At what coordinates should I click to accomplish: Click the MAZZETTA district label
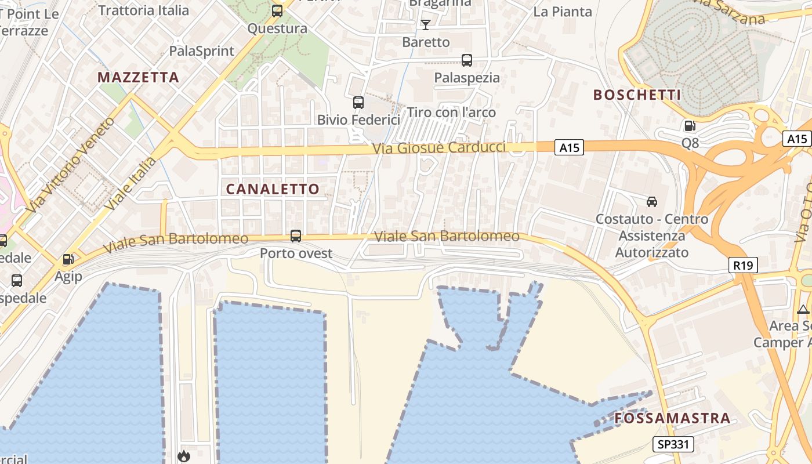(x=138, y=77)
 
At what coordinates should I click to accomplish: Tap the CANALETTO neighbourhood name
(x=273, y=189)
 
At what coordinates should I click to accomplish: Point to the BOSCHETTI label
(x=637, y=95)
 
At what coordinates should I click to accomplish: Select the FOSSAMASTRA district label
(x=672, y=418)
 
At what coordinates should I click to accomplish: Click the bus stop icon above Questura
(x=277, y=10)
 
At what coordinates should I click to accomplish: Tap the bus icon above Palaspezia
(x=467, y=60)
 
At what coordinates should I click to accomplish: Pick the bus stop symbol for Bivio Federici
(x=358, y=103)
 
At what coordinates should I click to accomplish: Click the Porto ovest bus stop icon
(x=296, y=235)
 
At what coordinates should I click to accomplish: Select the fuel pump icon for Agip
(x=68, y=259)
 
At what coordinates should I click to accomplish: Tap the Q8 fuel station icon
(x=690, y=125)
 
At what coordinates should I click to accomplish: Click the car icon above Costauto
(x=652, y=201)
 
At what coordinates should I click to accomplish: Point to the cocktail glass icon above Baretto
(x=426, y=24)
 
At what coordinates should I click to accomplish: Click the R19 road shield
(x=743, y=266)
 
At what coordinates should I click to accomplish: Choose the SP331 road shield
(x=673, y=444)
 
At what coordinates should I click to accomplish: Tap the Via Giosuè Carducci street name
(x=439, y=147)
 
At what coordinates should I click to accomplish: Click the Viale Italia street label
(x=131, y=183)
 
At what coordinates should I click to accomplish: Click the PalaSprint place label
(x=202, y=51)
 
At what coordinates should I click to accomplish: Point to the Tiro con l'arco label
(x=452, y=112)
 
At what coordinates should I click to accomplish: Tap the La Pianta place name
(x=562, y=12)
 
